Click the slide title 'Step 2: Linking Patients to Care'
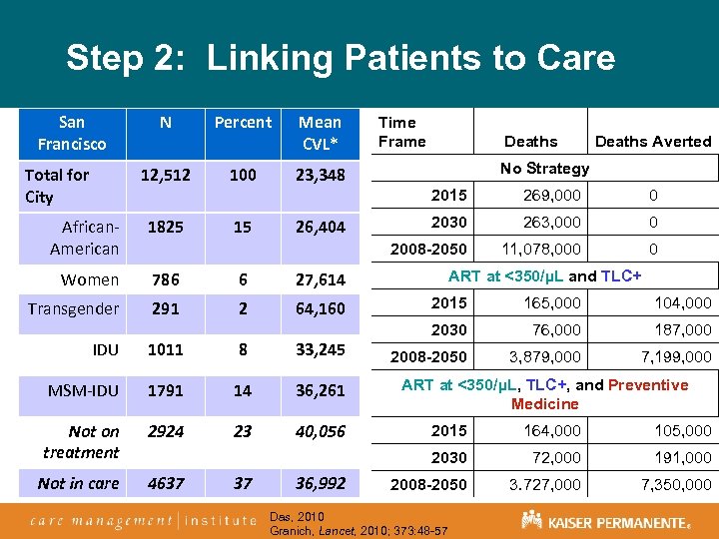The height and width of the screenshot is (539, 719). (341, 58)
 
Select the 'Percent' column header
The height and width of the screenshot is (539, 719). (243, 123)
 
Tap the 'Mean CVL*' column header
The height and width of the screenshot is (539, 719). (320, 133)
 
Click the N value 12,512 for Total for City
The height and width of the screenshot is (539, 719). (165, 175)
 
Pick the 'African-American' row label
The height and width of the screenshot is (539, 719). (84, 238)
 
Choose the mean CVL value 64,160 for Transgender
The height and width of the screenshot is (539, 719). (320, 309)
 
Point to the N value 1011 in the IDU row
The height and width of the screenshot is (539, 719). (165, 349)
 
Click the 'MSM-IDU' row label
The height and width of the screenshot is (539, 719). (84, 391)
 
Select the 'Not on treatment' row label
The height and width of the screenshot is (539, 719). (82, 442)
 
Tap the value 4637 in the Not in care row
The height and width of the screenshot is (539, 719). (165, 483)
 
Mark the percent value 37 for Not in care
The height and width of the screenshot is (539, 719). (243, 483)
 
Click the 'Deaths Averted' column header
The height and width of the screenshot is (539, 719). (653, 142)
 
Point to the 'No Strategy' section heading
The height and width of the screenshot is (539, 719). (544, 168)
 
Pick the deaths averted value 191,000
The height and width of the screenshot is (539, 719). (682, 457)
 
